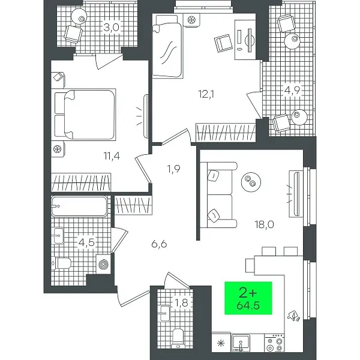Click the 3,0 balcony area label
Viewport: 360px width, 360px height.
[111, 28]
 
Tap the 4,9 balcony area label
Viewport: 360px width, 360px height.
[292, 91]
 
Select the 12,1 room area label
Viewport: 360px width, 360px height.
[206, 94]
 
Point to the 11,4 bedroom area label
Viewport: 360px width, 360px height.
[112, 156]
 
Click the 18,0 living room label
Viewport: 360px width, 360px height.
[264, 224]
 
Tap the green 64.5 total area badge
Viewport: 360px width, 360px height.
[248, 298]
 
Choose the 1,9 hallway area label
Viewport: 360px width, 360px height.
[174, 169]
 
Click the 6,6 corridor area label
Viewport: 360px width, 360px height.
[159, 244]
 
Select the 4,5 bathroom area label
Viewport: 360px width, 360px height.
[86, 242]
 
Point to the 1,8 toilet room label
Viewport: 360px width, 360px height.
[181, 303]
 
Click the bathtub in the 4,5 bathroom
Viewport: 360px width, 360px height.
[79, 206]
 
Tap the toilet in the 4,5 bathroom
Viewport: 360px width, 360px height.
[61, 263]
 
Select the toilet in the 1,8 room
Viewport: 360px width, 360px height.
[178, 338]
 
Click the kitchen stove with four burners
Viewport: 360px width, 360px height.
[274, 343]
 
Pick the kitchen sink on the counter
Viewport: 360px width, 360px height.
[241, 343]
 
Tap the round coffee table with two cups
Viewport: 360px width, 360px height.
[251, 182]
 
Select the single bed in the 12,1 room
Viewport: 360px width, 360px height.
[167, 46]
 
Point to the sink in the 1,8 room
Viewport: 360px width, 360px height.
[164, 313]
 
